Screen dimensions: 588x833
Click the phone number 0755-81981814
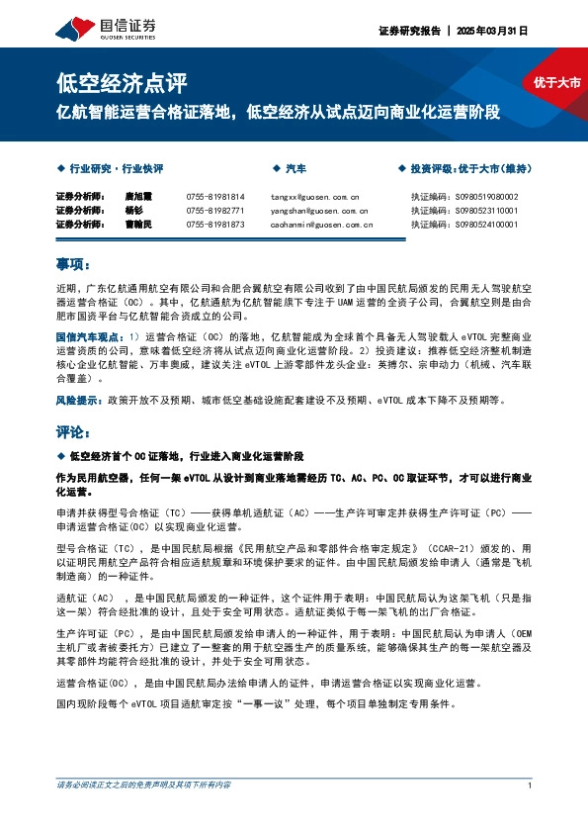point(215,197)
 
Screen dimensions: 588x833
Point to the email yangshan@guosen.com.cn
point(319,211)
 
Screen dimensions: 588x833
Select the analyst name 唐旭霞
point(138,197)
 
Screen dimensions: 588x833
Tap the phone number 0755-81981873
point(215,225)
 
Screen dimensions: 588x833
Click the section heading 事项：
point(74,265)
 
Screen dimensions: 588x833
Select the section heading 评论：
point(74,433)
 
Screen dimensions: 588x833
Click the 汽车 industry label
point(295,169)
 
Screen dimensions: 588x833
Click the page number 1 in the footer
point(531,785)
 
